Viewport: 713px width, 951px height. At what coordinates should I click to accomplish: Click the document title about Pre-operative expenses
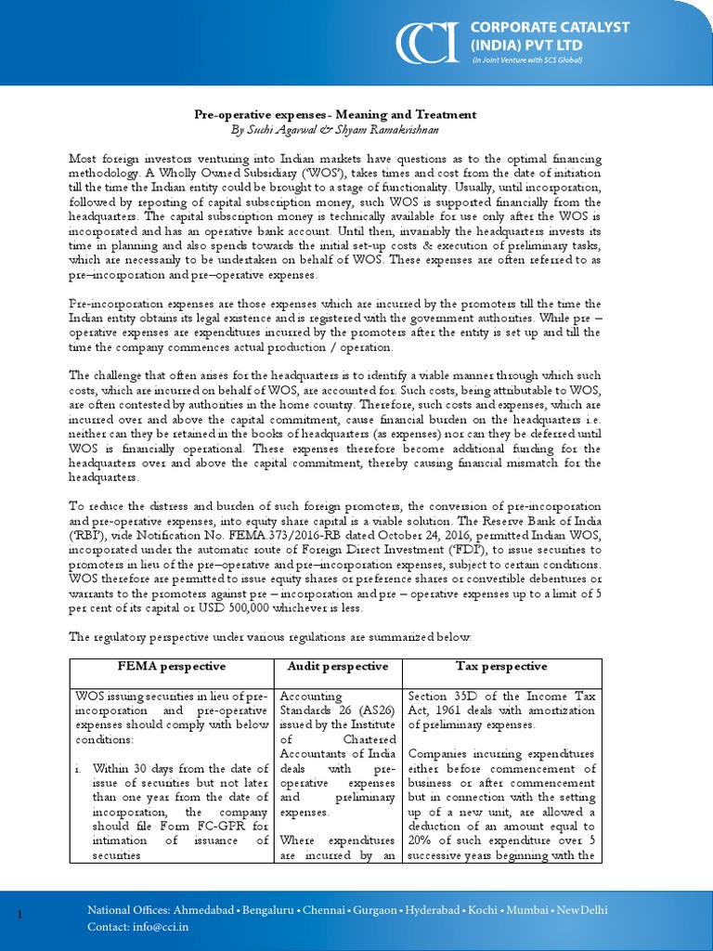click(335, 114)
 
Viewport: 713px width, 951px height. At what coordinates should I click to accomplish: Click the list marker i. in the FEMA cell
click(82, 769)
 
